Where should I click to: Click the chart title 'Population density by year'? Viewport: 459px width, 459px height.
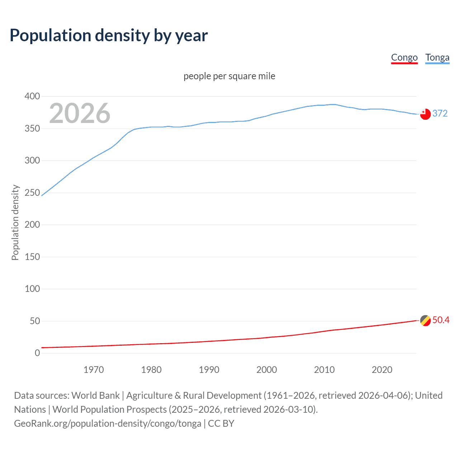click(109, 36)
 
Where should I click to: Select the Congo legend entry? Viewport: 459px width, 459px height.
click(404, 57)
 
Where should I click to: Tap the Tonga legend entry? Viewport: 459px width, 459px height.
click(437, 57)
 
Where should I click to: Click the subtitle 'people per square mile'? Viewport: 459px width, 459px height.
click(229, 76)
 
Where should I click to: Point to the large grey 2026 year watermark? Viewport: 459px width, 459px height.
click(80, 113)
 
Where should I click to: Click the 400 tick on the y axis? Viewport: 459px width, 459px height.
click(32, 96)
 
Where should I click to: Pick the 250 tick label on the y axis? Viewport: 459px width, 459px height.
click(32, 193)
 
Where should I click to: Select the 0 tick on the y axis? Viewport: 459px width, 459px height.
click(37, 353)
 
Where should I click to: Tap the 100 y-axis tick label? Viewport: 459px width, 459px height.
click(32, 289)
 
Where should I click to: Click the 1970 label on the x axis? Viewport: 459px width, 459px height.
click(94, 370)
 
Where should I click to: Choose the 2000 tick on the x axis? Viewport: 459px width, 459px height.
click(266, 370)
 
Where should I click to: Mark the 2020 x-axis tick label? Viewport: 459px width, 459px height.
click(382, 370)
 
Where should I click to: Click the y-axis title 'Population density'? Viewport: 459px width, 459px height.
click(15, 222)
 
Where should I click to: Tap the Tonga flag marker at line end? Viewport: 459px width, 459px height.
click(425, 114)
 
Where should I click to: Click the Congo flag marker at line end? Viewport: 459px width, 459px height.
click(425, 320)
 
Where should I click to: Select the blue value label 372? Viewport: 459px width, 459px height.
click(440, 114)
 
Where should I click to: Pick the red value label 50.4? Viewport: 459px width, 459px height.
click(441, 320)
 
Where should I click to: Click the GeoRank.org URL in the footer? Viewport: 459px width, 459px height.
click(108, 423)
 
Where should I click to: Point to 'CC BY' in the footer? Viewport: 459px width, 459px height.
click(221, 423)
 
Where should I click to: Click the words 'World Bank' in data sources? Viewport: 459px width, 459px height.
click(95, 396)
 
